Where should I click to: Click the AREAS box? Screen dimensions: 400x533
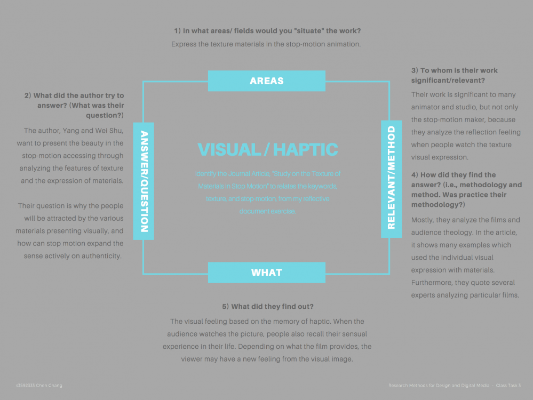click(266, 81)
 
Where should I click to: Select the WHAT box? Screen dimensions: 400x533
click(266, 273)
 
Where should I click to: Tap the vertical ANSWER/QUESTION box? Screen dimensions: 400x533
click(144, 181)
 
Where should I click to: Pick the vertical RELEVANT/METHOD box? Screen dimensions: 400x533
click(391, 178)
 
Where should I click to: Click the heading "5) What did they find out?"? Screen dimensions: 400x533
click(268, 307)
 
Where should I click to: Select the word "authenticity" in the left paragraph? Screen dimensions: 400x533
click(101, 256)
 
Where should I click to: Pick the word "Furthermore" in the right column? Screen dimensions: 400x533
click(433, 283)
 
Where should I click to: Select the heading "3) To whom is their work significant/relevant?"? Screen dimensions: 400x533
click(454, 75)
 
